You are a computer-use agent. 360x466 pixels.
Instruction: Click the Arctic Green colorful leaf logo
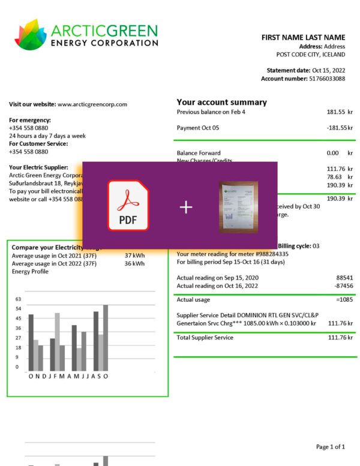coord(30,34)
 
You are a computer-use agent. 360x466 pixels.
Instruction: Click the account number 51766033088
coord(327,79)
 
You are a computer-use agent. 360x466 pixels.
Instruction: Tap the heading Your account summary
coord(221,102)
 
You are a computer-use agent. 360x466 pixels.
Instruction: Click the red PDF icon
coord(128,206)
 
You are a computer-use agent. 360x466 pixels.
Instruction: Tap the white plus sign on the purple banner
coord(186,208)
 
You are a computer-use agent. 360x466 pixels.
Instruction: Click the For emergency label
coord(30,120)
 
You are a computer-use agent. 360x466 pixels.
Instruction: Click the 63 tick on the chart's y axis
coord(18,299)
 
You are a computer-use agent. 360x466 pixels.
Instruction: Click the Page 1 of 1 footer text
coord(330,447)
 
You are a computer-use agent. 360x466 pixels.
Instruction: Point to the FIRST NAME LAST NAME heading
coord(303,38)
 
